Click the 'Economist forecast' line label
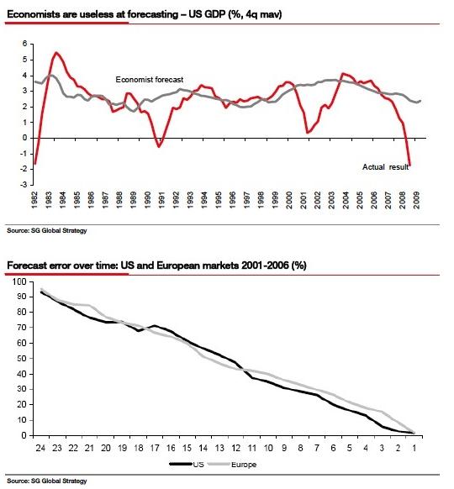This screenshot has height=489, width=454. [150, 80]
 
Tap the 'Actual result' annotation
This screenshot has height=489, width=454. [385, 167]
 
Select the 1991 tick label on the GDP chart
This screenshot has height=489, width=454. [161, 200]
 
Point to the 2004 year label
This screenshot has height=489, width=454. [346, 200]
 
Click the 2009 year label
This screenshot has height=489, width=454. [416, 200]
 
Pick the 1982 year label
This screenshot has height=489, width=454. [34, 200]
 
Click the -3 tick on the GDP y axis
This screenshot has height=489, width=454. [24, 185]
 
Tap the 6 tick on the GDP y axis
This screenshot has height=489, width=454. [25, 44]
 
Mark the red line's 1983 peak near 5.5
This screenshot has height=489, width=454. [56, 52]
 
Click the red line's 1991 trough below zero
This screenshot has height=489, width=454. [159, 146]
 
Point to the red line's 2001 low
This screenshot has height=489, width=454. [308, 133]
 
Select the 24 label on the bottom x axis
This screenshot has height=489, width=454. [40, 448]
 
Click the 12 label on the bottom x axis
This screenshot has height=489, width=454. [236, 448]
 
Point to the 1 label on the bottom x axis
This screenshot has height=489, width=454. [414, 448]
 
